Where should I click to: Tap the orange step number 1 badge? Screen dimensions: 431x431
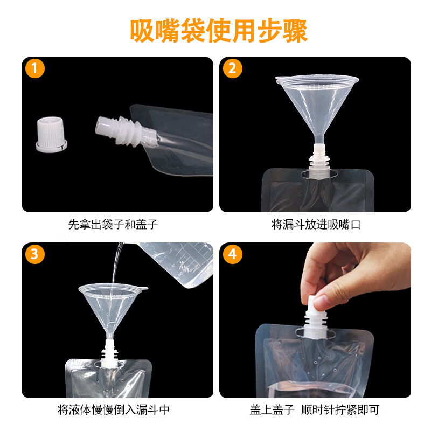pos(35,69)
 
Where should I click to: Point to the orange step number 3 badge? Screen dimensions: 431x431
pos(35,255)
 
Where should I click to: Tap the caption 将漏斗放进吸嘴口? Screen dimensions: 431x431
pos(315,224)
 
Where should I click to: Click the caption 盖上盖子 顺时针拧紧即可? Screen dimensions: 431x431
pos(315,410)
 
